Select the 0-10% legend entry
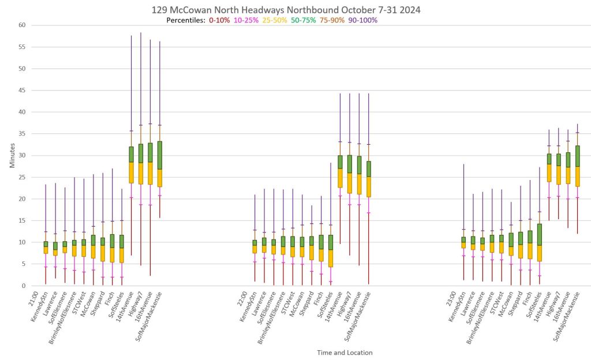pyautogui.click(x=219, y=20)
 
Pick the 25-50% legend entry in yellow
pyautogui.click(x=276, y=20)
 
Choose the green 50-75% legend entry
pyautogui.click(x=304, y=20)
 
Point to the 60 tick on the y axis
pyautogui.click(x=21, y=25)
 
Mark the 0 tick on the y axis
pyautogui.click(x=23, y=286)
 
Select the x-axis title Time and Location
pyautogui.click(x=345, y=352)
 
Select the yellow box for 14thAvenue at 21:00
pyautogui.click(x=132, y=172)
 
